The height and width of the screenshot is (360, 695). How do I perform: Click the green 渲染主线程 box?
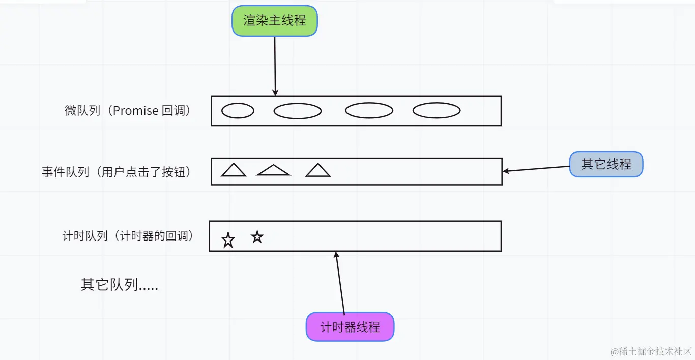[x=275, y=21]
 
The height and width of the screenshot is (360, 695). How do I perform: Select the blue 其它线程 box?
[x=606, y=164]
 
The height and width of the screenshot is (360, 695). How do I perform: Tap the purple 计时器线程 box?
[x=350, y=326]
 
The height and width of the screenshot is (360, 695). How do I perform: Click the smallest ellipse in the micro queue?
[x=238, y=110]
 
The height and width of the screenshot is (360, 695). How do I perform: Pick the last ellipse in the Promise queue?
[x=437, y=110]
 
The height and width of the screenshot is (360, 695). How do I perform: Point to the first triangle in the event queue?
[x=234, y=170]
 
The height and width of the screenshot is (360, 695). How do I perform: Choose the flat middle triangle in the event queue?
[x=273, y=171]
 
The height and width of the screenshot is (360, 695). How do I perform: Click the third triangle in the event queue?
[x=318, y=170]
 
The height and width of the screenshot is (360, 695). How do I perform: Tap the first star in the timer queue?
[x=228, y=240]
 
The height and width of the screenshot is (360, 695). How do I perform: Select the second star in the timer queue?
[x=257, y=236]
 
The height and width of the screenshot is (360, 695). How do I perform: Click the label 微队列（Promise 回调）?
[x=129, y=111]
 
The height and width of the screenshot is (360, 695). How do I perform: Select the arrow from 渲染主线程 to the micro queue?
[x=275, y=66]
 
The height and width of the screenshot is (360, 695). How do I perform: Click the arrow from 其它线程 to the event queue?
[x=536, y=169]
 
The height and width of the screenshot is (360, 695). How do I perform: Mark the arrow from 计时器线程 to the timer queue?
[x=340, y=282]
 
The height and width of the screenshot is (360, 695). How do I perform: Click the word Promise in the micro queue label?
[x=135, y=111]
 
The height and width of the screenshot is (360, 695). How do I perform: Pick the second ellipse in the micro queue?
[x=298, y=110]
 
